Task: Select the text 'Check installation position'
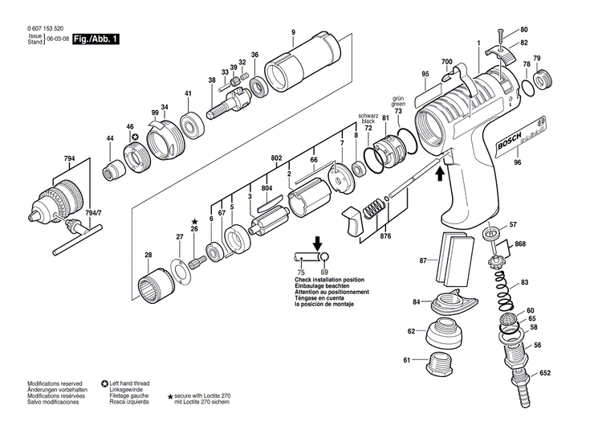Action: (323, 281)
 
